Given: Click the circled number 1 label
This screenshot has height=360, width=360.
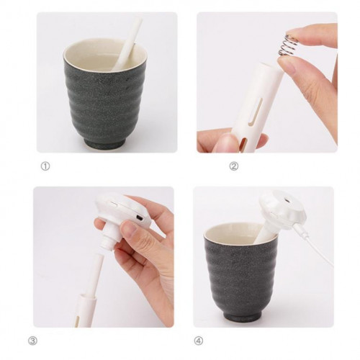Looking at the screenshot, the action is click(45, 166).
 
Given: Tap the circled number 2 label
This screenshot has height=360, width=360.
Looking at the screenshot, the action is click(234, 166).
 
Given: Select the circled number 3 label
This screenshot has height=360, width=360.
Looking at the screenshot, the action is click(32, 341).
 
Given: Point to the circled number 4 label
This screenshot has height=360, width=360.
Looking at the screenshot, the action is click(198, 341).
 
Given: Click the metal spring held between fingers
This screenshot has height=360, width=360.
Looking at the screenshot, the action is click(288, 45).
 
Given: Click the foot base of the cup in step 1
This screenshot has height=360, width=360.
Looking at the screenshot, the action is click(106, 143).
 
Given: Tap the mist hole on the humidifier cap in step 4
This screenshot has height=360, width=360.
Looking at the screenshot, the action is click(286, 199).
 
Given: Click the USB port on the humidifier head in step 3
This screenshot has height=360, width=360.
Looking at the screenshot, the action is click(139, 217).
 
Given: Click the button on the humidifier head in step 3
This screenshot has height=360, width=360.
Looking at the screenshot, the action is click(114, 204).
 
